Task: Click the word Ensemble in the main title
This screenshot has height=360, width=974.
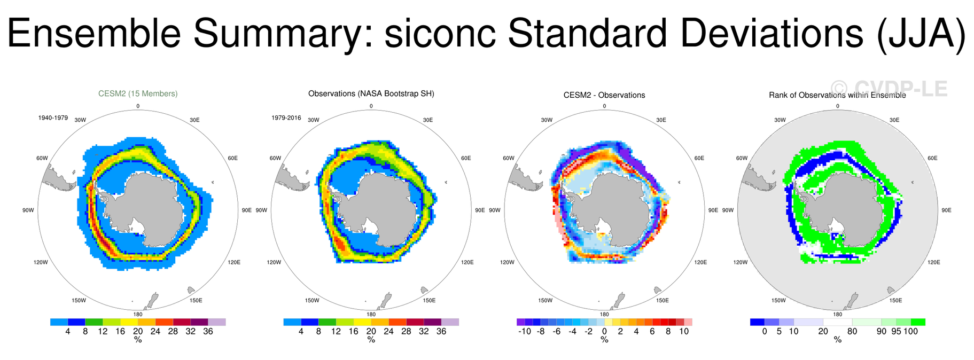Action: [x=93, y=33]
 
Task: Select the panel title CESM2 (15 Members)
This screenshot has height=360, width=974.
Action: [x=138, y=93]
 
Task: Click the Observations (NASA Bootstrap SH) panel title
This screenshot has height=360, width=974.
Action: [x=371, y=93]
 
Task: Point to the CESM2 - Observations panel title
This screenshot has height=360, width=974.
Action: [x=604, y=95]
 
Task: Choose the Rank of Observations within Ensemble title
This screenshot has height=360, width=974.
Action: [x=837, y=95]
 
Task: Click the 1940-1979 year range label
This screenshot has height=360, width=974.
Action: [x=53, y=118]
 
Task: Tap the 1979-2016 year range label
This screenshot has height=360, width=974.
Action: [x=286, y=118]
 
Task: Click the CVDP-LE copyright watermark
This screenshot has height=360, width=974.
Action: [x=889, y=89]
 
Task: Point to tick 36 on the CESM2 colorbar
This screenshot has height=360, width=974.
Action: [x=208, y=331]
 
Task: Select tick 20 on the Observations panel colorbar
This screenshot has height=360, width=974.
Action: [x=371, y=331]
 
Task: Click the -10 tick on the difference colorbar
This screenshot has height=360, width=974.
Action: [x=524, y=331]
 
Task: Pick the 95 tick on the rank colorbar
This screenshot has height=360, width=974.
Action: [x=896, y=331]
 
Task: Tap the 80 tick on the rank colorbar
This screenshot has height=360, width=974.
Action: [x=852, y=331]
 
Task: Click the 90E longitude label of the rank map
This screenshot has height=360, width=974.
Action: [x=946, y=210]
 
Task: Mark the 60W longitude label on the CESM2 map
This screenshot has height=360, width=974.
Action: [x=42, y=158]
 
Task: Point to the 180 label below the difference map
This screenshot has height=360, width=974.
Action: [x=604, y=314]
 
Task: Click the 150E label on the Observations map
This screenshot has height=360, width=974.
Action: [x=428, y=300]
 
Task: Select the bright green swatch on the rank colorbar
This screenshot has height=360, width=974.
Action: [x=918, y=322]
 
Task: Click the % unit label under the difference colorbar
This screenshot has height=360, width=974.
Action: [x=604, y=340]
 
